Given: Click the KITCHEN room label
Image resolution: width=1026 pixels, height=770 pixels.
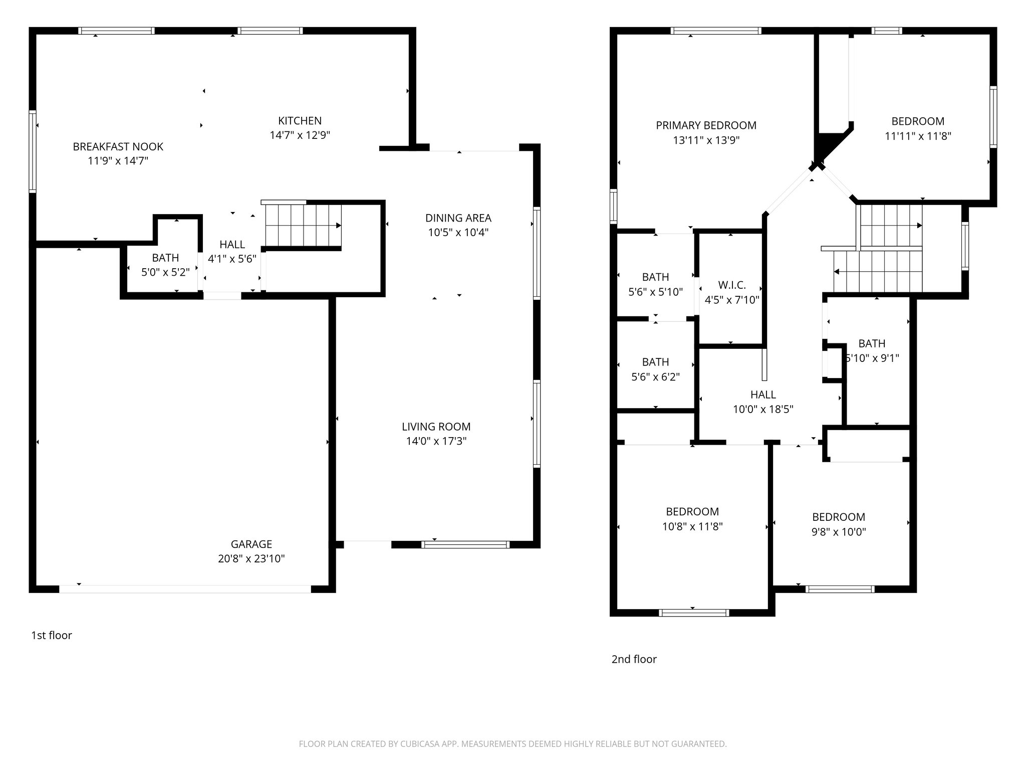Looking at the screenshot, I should (300, 121).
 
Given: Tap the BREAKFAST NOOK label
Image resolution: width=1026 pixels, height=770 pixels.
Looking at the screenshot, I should (118, 147).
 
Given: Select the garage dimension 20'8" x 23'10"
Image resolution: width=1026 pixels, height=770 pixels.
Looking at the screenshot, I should (251, 558).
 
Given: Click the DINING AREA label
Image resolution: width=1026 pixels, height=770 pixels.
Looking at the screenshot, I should (458, 218).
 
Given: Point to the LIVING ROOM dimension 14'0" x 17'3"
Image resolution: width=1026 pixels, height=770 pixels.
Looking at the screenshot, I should (436, 441).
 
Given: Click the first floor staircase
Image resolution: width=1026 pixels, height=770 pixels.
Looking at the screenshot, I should (303, 225).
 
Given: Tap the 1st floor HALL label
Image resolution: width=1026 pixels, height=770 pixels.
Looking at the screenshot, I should (232, 245).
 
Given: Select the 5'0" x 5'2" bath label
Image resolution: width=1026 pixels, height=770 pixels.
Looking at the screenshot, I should (165, 272).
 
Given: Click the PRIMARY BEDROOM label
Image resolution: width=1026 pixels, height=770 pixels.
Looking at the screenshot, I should (706, 125).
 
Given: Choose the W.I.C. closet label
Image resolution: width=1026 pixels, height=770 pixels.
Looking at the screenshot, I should (731, 285).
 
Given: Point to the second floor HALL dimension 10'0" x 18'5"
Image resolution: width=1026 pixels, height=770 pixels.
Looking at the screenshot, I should (763, 409).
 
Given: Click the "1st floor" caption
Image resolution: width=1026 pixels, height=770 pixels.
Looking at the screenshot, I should (52, 635).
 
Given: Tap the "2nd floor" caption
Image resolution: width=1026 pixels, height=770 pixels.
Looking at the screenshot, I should (634, 659).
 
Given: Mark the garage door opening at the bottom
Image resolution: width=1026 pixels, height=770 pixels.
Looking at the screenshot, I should (185, 589).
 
